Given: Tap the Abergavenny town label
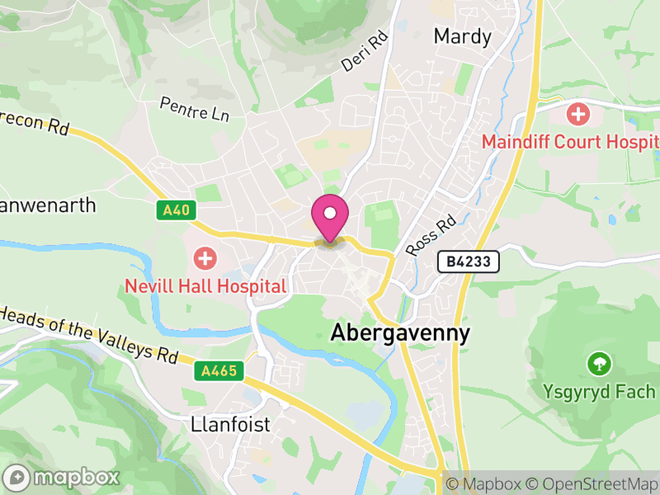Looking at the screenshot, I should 400,333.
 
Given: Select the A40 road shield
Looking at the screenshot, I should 177,210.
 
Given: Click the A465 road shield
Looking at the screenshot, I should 221,372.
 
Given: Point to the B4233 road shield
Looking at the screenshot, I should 469,262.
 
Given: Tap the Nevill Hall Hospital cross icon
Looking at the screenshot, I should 205,259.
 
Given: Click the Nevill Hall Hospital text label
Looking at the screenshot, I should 205,286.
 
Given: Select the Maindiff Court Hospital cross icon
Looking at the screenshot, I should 579,114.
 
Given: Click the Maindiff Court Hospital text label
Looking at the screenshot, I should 570,142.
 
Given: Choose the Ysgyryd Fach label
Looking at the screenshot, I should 599,391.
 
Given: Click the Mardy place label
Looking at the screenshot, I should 462,37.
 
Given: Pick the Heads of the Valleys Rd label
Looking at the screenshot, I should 89,333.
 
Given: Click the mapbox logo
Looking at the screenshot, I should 62,477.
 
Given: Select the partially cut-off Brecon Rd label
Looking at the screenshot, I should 35,126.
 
